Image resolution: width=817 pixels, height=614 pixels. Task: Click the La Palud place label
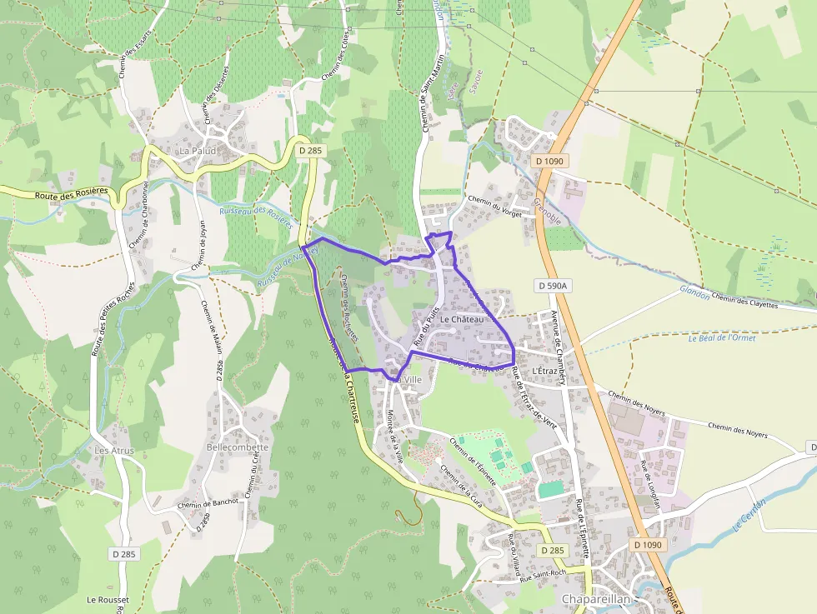pos(198,151)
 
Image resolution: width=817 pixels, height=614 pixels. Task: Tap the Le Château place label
pos(462,320)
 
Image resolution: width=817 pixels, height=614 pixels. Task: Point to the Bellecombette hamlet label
pos(238,447)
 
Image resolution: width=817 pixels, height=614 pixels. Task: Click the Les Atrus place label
pos(114,451)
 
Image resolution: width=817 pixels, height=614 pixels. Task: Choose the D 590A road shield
pos(552,286)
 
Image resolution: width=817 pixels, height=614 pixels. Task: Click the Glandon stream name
pos(694,292)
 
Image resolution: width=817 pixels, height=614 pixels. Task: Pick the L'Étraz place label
pos(544,370)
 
